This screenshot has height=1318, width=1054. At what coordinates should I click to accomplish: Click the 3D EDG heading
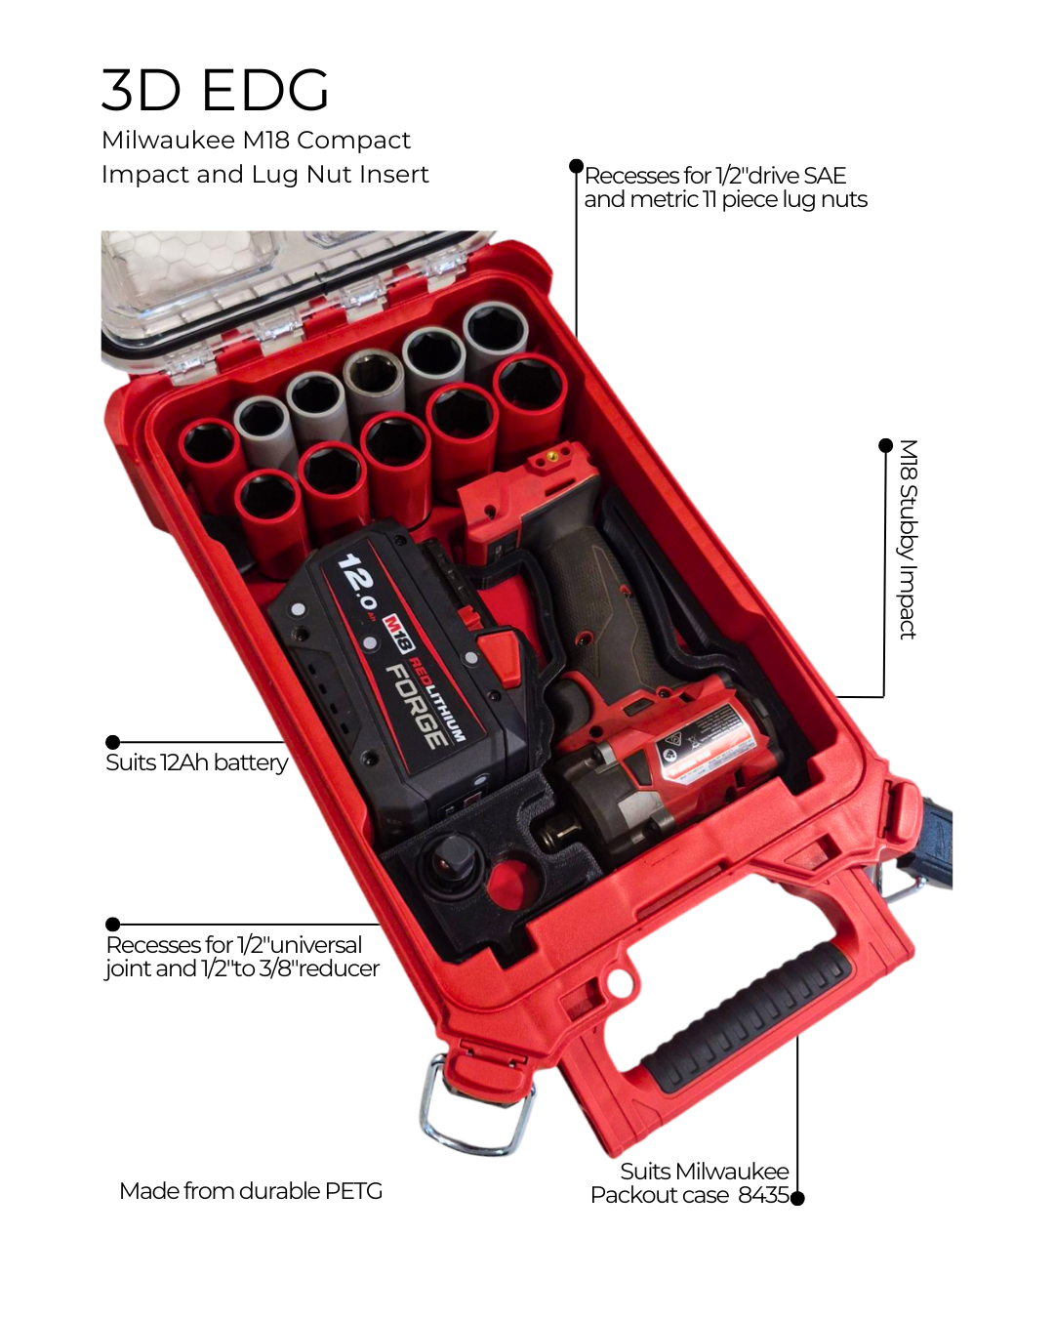pyautogui.click(x=215, y=90)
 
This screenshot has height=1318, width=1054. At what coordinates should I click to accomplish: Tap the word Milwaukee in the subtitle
pyautogui.click(x=168, y=141)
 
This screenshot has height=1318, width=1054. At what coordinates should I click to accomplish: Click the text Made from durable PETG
pyautogui.click(x=251, y=1191)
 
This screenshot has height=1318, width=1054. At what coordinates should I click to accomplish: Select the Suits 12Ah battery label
pyautogui.click(x=196, y=762)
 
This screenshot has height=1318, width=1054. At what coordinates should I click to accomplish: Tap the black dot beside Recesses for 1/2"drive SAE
pyautogui.click(x=577, y=167)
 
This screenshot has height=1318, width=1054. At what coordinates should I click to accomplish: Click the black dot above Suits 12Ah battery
pyautogui.click(x=113, y=742)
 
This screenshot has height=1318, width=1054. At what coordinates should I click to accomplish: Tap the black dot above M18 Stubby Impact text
pyautogui.click(x=885, y=446)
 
